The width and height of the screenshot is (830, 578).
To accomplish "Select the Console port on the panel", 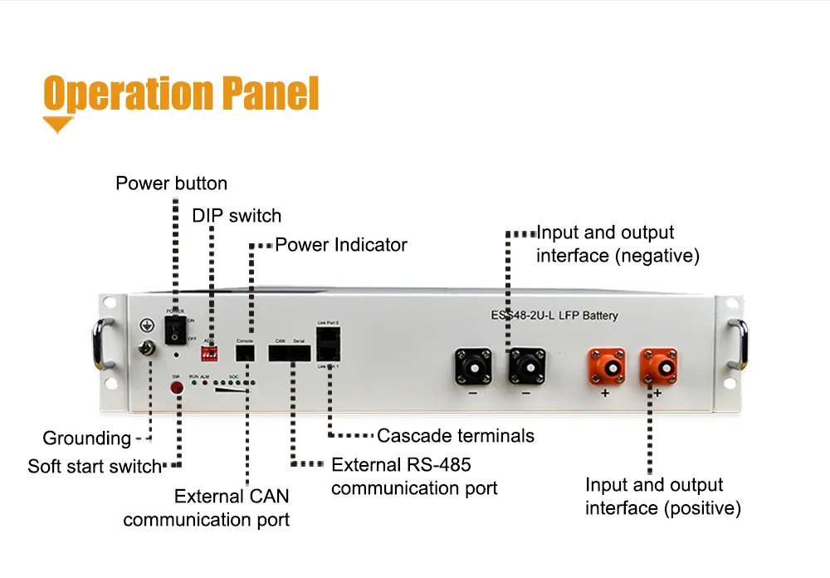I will point(245,353).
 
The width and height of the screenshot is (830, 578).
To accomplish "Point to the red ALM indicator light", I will point(203,385).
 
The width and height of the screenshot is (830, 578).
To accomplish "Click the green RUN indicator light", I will point(193,385).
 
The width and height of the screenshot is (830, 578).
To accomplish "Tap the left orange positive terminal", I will point(607,366).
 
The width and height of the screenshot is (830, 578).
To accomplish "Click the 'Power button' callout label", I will point(171,184).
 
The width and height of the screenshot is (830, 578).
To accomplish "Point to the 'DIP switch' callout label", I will point(237,216).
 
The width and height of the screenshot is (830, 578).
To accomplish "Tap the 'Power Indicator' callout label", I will point(341,245).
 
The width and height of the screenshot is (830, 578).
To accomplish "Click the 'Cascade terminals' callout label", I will point(456,435).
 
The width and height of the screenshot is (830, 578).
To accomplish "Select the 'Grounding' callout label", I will point(87,438).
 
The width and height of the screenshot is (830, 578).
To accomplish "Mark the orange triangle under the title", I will point(58,125).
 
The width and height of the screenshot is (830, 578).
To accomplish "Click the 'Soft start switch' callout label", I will point(94,466).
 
